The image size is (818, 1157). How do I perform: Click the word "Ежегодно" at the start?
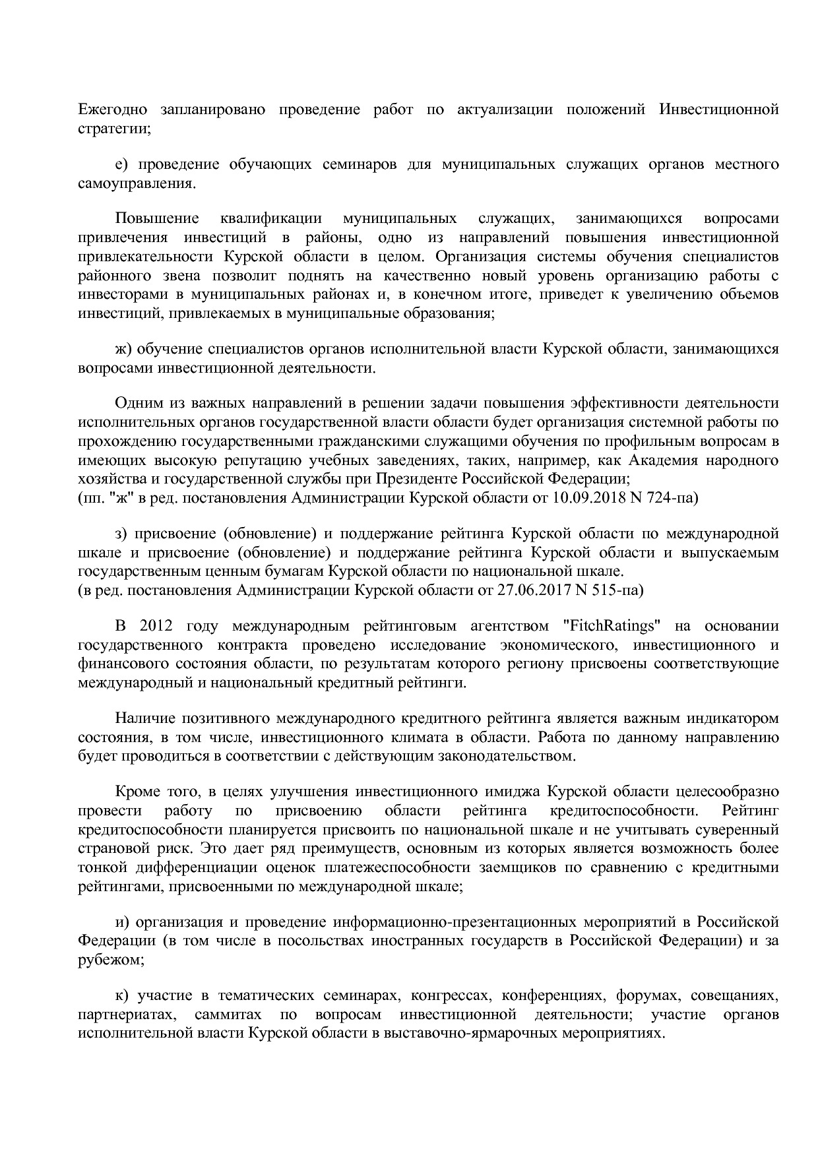(112, 109)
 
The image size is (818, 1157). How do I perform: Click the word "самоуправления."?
(137, 183)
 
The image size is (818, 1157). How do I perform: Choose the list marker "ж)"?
(123, 348)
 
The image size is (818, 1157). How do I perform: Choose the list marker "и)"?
(122, 921)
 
